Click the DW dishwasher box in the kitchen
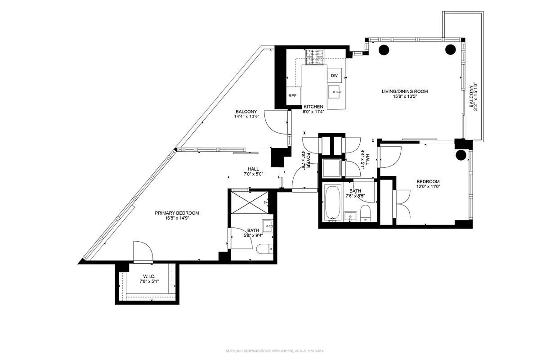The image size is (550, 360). [x=334, y=76]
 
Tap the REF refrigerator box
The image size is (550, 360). [x=292, y=96]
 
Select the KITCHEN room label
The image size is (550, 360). [x=313, y=107]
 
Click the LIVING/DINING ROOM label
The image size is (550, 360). [x=405, y=91]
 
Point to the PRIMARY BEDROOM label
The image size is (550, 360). [x=177, y=213]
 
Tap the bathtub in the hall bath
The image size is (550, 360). [x=332, y=203]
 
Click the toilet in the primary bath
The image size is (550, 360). [x=264, y=248]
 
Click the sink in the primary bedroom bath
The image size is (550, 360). [x=268, y=225]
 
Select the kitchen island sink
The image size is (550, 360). [x=335, y=93]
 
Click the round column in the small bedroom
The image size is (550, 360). [x=461, y=155]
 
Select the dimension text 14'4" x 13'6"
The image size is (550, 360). [x=246, y=117]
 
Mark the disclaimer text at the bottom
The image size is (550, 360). [x=275, y=351]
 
